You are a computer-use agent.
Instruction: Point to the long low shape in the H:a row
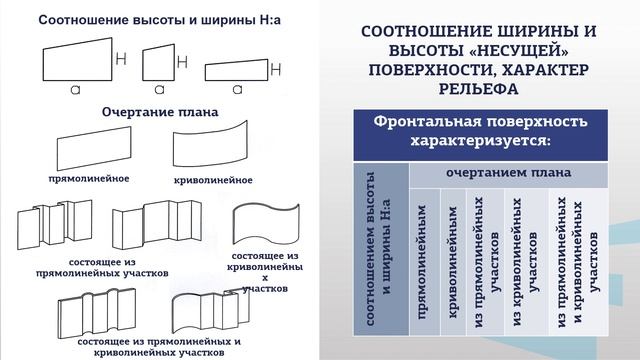[x=240, y=73]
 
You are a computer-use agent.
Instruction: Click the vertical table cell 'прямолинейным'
[x=424, y=262]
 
